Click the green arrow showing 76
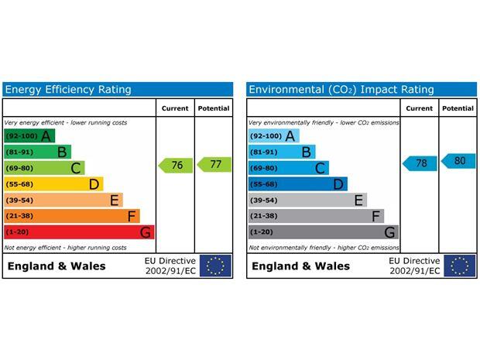click(x=175, y=165)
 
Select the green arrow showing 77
click(x=214, y=164)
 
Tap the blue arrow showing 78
click(x=420, y=163)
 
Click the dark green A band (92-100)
click(x=29, y=136)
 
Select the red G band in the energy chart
click(x=79, y=232)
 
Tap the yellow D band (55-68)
click(x=53, y=184)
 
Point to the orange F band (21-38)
click(x=72, y=216)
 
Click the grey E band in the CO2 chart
click(x=307, y=201)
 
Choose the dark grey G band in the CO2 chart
click(x=324, y=232)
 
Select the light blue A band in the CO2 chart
click(x=273, y=136)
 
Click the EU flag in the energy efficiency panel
click(x=215, y=266)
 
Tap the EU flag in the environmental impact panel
click(x=460, y=266)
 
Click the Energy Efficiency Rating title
click(x=68, y=90)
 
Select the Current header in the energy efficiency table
click(x=175, y=108)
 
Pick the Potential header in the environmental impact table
click(x=458, y=108)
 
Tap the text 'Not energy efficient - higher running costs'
click(x=66, y=248)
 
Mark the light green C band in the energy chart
click(x=44, y=168)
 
